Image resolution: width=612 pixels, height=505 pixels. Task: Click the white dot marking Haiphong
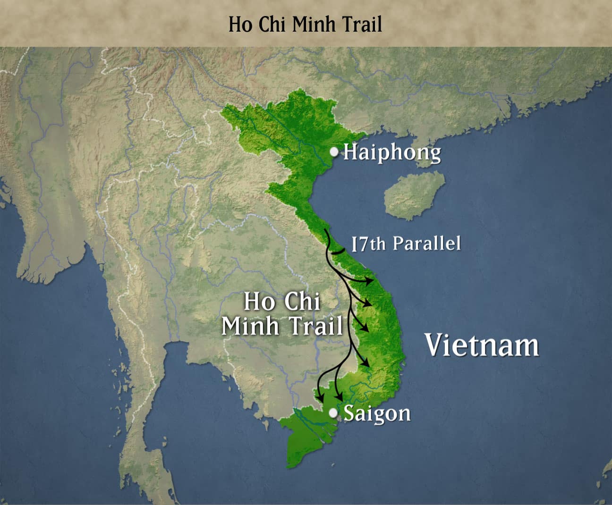[334, 152]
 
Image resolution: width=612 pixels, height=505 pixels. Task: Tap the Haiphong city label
[391, 152]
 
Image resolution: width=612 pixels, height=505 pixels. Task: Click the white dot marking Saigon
[333, 413]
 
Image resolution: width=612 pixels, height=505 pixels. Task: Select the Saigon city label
[376, 413]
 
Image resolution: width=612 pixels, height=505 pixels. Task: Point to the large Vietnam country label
[481, 345]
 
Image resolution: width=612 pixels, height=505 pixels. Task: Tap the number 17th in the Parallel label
[368, 244]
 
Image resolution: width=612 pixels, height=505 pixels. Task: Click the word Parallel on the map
[426, 243]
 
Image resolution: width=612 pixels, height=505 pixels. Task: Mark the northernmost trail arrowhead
[370, 282]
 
